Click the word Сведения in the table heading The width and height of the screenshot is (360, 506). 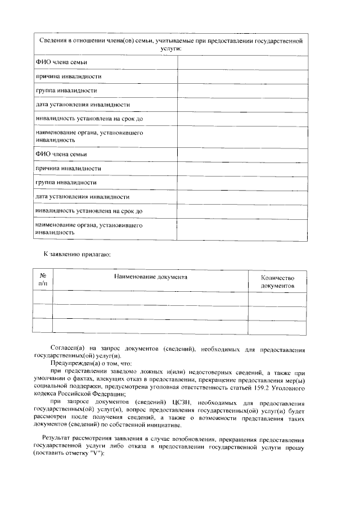pos(55,41)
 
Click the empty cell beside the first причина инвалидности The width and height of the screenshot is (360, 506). pos(242,76)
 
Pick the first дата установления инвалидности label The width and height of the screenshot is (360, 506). pos(82,105)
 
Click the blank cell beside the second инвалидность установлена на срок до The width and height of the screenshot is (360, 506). pos(242,211)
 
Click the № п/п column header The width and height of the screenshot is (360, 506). pos(43,281)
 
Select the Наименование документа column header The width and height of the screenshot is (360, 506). pos(151,277)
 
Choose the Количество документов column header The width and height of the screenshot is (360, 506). pos(277,282)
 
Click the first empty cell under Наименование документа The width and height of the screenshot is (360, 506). pos(151,299)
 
